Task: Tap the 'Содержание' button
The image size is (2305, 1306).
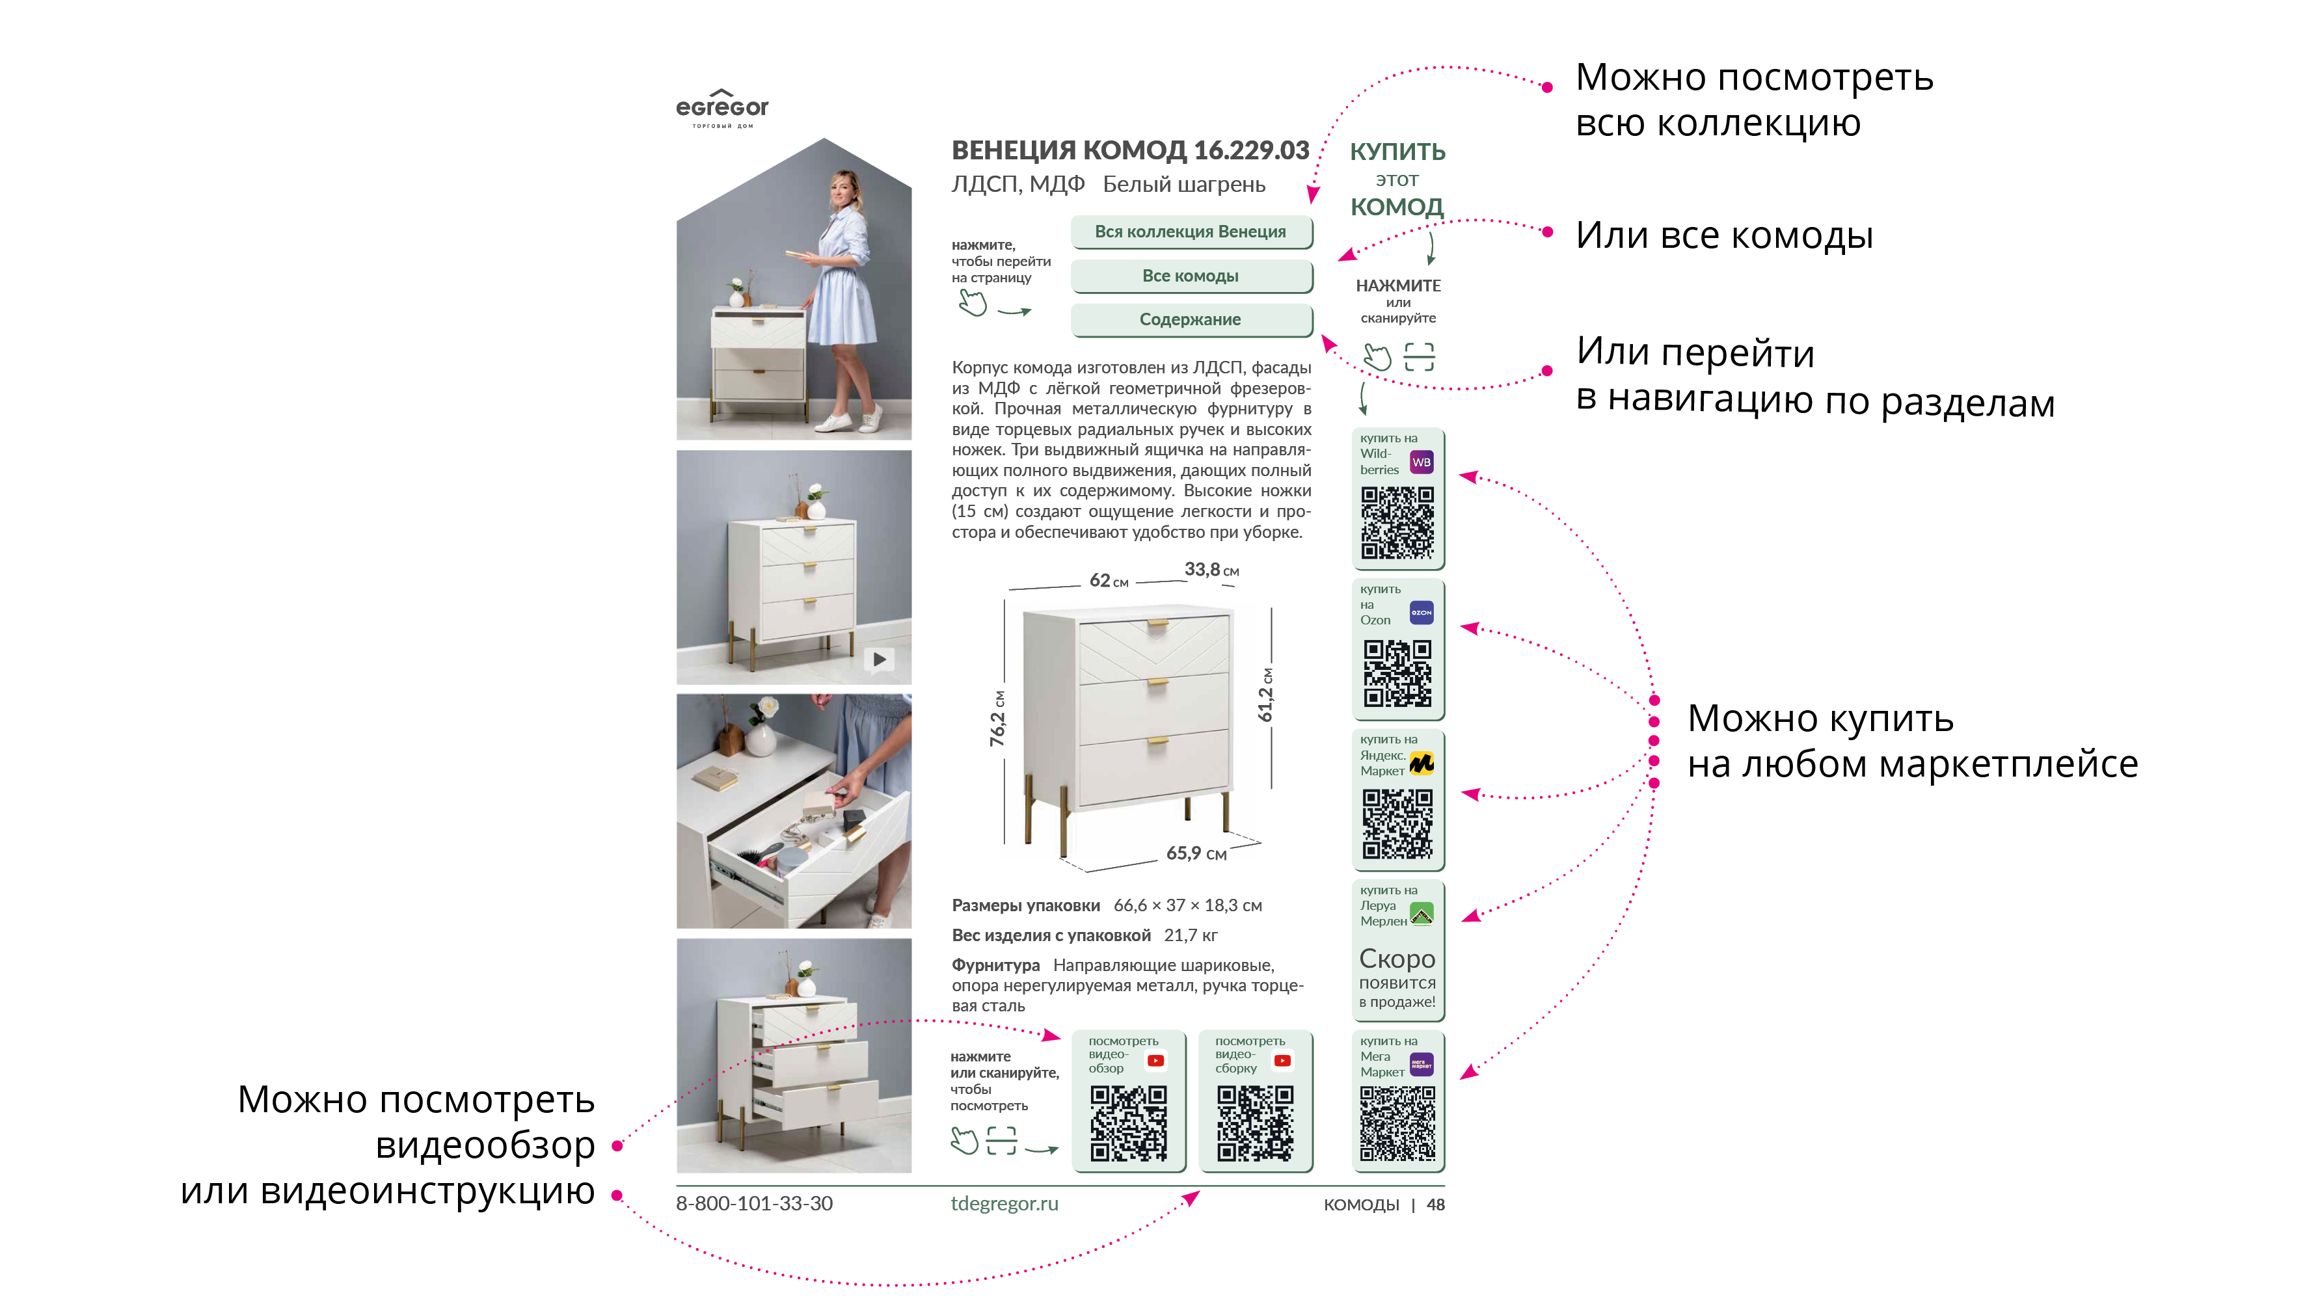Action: pos(1191,320)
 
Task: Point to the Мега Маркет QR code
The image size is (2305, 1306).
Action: pos(1397,1123)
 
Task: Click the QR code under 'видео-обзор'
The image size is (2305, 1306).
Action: pos(1128,1123)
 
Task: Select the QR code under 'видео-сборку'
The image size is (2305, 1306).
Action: pos(1254,1123)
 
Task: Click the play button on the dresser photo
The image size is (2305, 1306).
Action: pos(880,660)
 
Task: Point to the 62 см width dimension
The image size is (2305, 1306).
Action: pos(1109,580)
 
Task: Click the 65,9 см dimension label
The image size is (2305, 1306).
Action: pos(1196,853)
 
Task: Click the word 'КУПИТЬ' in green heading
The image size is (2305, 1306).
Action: pos(1397,152)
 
